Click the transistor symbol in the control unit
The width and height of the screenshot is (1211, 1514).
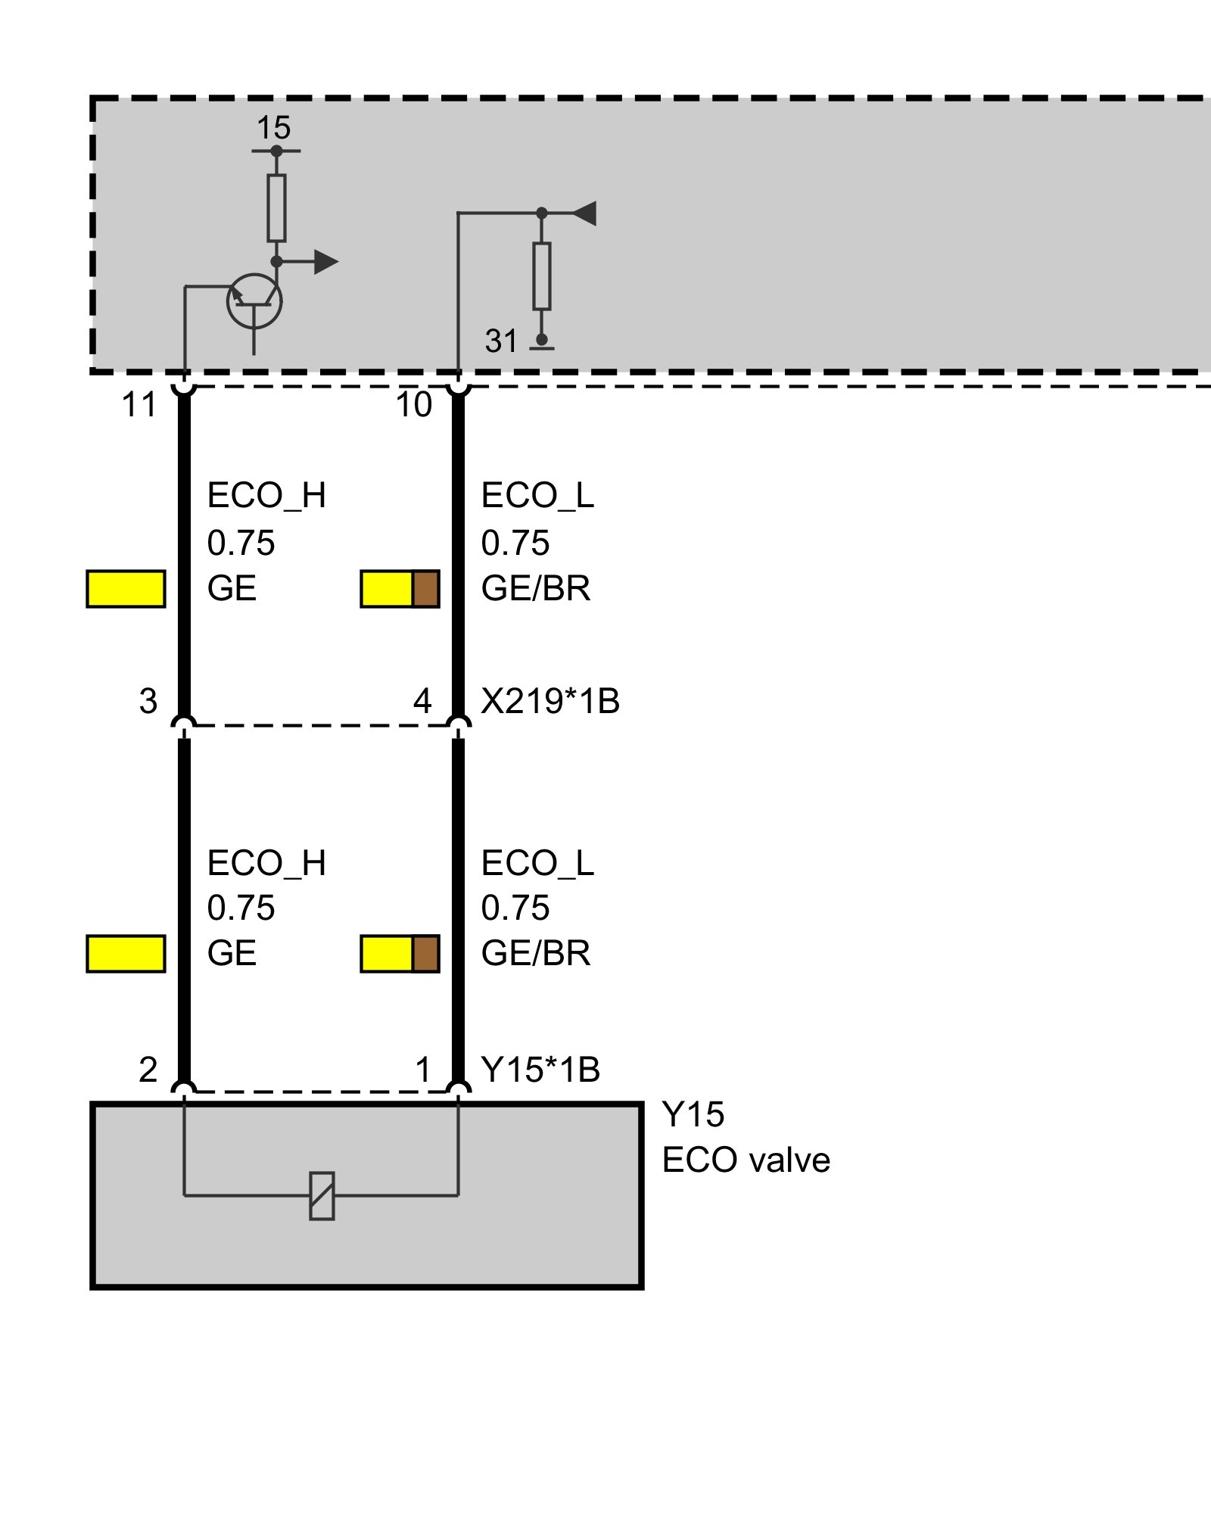tap(254, 301)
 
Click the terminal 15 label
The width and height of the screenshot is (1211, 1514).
tap(273, 128)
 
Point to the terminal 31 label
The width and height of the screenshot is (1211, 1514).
tap(501, 341)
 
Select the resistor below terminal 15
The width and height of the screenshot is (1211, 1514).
tap(276, 208)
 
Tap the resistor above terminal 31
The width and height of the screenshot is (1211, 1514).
tap(541, 276)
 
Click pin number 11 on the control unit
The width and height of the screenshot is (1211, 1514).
tap(139, 405)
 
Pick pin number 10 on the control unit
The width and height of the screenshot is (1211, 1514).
tap(414, 405)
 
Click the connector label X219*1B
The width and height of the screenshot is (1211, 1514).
tap(550, 701)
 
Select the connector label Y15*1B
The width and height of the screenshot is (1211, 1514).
tap(540, 1070)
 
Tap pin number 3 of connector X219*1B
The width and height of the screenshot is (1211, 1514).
tap(148, 701)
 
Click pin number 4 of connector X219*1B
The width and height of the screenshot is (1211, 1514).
tap(422, 701)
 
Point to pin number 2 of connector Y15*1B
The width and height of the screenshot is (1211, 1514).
tap(148, 1070)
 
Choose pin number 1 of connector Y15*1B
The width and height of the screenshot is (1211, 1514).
tap(423, 1070)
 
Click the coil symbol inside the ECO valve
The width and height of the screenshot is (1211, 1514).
tap(322, 1196)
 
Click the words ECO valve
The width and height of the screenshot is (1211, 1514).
tap(746, 1160)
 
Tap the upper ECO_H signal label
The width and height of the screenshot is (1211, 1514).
tap(266, 496)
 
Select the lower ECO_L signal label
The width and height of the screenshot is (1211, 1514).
tap(537, 863)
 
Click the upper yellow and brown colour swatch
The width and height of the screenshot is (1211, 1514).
tap(400, 589)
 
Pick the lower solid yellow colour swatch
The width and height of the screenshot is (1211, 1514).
tap(126, 954)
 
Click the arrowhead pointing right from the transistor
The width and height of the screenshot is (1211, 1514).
tap(326, 262)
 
